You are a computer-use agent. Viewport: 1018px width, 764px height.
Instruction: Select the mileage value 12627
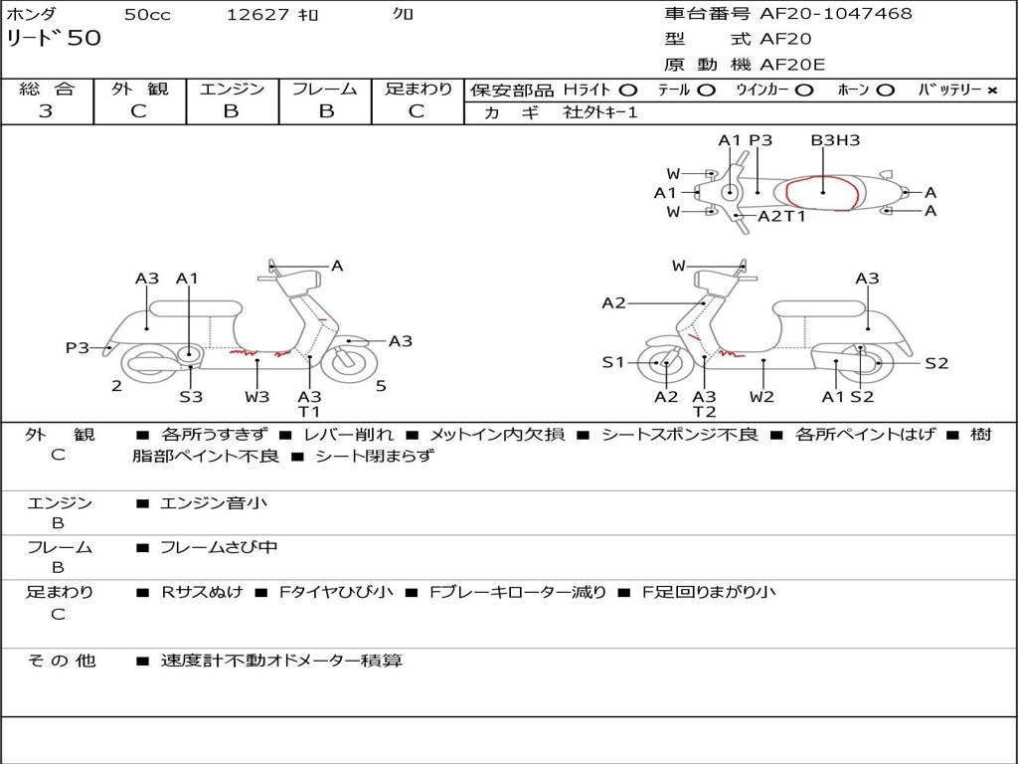point(257,15)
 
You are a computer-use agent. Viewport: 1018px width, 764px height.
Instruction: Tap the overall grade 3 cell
point(46,111)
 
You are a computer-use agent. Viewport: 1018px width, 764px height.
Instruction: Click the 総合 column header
point(46,90)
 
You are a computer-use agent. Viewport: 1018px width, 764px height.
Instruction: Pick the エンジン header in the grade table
point(232,90)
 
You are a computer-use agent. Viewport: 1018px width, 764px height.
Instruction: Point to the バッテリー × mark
point(991,91)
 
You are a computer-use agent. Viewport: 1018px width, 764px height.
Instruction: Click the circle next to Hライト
point(628,91)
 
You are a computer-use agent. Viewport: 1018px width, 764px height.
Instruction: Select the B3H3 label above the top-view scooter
point(834,140)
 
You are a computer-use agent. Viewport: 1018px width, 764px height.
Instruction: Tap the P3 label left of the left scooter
point(78,347)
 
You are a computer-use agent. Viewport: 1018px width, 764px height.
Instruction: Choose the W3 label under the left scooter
point(256,396)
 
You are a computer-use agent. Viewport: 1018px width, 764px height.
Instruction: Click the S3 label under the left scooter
point(191,396)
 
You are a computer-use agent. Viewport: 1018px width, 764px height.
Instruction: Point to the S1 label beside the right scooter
point(613,362)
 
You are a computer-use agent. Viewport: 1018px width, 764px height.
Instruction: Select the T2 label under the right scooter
point(704,412)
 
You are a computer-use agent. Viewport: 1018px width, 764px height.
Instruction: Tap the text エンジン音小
point(214,503)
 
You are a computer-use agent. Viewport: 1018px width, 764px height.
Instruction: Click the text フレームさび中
point(219,547)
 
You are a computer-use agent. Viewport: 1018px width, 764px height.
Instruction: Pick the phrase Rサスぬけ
point(202,592)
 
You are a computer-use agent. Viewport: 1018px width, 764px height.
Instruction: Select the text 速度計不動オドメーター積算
point(281,661)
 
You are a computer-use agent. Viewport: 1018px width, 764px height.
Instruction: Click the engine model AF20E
point(792,65)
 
